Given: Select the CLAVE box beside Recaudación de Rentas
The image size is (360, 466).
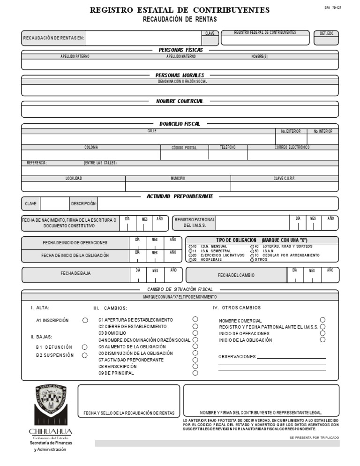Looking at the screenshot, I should (210, 39).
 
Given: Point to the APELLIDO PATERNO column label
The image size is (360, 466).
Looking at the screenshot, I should (75, 56).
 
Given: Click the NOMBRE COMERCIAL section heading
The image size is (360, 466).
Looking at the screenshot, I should (180, 101).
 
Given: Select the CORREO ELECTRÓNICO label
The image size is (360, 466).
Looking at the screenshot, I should (292, 147).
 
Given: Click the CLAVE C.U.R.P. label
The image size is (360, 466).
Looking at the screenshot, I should (285, 178).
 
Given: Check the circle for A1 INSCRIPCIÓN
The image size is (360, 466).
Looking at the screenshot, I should (85, 321).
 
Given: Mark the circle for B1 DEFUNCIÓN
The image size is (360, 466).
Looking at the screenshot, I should (85, 347).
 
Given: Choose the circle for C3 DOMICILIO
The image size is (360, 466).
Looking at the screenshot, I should (195, 333).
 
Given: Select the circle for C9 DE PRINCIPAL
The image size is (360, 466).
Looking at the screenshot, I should (195, 373).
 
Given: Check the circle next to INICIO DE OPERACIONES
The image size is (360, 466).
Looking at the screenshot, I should (322, 333).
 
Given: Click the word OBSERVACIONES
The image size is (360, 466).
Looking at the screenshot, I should (237, 357).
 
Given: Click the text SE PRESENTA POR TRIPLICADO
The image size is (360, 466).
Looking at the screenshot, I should (314, 437).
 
